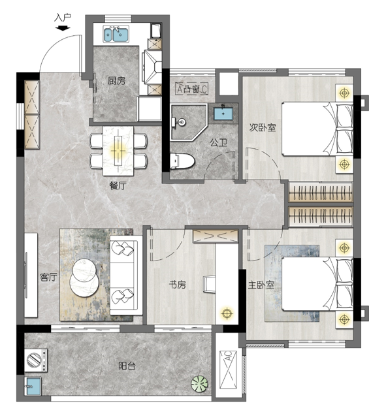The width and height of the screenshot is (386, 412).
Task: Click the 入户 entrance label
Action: coord(63,18)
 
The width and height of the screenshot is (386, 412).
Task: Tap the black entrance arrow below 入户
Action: coord(63,28)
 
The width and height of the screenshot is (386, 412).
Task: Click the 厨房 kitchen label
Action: coord(116,81)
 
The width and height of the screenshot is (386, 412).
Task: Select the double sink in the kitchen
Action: coord(116,34)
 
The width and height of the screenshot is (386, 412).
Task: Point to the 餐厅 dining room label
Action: coord(118,186)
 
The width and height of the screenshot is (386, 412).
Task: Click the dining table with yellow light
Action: coord(118,151)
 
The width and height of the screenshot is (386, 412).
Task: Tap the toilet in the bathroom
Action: coord(182,161)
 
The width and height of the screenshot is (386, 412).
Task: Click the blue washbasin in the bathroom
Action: coord(223,114)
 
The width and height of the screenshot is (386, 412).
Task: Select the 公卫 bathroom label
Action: coord(218,143)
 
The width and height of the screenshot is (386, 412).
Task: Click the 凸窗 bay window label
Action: coord(191,89)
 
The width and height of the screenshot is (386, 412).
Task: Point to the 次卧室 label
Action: coord(263,128)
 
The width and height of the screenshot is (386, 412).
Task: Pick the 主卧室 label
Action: coord(261,285)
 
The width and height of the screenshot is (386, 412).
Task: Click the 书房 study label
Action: coord(178,284)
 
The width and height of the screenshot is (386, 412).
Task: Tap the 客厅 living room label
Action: coord(48,277)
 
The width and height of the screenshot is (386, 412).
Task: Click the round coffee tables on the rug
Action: coord(84,277)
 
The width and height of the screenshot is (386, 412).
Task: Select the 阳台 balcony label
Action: coord(127,366)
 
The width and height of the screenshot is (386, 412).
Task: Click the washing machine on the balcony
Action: coord(36,360)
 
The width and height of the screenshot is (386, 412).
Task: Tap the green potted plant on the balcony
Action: coord(199,383)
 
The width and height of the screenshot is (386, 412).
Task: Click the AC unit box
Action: coord(228,370)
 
